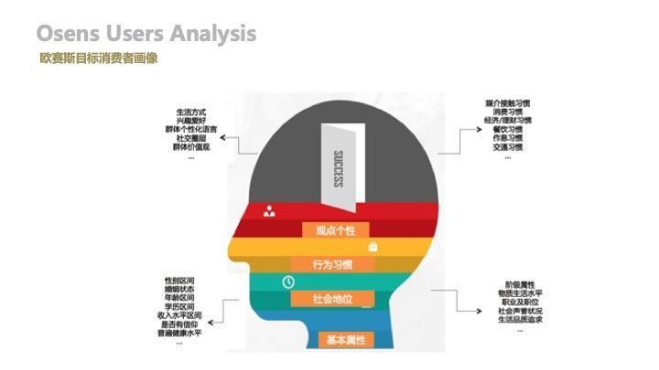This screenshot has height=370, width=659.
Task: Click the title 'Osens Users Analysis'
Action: (x=146, y=34)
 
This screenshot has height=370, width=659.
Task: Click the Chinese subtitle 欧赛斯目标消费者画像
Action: (x=99, y=58)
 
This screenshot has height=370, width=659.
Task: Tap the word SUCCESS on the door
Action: (x=338, y=168)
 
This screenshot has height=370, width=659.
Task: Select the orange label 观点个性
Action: (x=335, y=230)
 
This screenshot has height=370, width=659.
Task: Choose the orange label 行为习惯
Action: (x=331, y=265)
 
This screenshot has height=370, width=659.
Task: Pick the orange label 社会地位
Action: (x=331, y=299)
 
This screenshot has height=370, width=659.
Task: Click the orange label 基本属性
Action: (x=346, y=340)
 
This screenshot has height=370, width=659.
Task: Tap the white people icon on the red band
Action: (x=269, y=211)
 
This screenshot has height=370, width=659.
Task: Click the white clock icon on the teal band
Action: (x=288, y=281)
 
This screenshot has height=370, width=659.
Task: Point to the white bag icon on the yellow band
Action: (x=373, y=247)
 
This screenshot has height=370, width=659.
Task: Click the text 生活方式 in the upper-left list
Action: (x=191, y=112)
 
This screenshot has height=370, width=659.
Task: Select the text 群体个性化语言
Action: (x=191, y=130)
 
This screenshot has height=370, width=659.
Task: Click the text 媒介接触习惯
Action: (x=508, y=102)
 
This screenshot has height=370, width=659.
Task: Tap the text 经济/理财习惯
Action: (x=508, y=120)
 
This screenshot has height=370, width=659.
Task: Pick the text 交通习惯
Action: (x=508, y=146)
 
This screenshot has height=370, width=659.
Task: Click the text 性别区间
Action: (x=179, y=280)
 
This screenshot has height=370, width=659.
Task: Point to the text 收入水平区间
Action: (x=179, y=315)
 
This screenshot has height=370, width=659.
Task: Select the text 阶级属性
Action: (x=520, y=284)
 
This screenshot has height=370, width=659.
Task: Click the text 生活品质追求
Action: (x=520, y=320)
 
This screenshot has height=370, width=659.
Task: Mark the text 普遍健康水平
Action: (x=179, y=333)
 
